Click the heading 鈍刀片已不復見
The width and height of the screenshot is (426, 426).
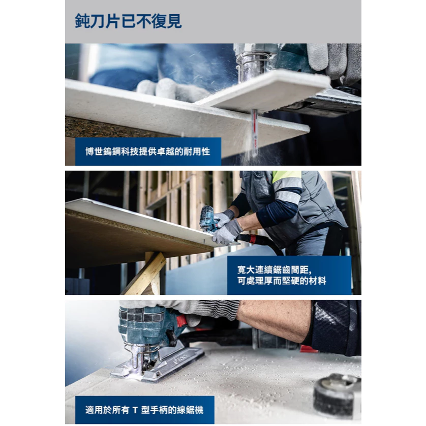[x=128, y=21]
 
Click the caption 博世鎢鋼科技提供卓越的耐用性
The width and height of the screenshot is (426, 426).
[x=148, y=151]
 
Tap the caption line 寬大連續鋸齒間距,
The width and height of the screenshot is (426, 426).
[x=275, y=270]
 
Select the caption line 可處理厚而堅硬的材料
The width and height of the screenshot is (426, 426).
[x=282, y=281]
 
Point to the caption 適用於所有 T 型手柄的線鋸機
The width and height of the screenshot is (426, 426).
[x=144, y=410]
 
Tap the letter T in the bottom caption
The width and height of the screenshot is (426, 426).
[x=135, y=410]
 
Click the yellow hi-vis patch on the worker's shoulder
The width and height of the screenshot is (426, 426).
[x=286, y=175]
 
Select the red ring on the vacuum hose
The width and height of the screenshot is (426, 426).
[x=252, y=239]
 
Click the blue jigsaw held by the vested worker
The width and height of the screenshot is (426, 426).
[x=208, y=218]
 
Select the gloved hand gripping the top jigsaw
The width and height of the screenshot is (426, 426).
[x=334, y=63]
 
